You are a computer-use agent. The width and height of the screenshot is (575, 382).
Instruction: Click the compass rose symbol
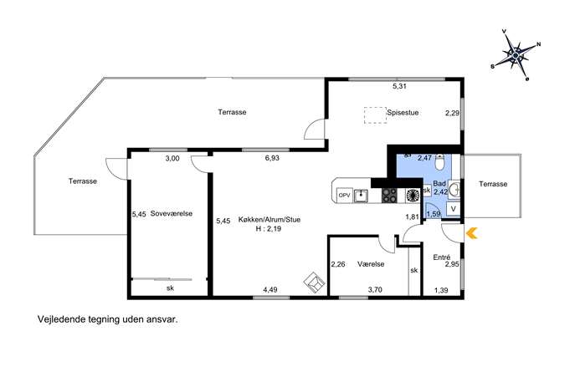[x=516, y=55]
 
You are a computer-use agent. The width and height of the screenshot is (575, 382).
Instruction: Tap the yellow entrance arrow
[x=472, y=233]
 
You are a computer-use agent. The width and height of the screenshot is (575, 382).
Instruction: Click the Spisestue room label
[x=403, y=113]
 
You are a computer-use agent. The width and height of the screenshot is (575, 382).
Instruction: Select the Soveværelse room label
[x=172, y=213]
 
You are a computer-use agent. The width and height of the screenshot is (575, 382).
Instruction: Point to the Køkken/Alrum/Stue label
[x=270, y=220]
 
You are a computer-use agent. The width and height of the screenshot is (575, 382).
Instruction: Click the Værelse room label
[x=371, y=264]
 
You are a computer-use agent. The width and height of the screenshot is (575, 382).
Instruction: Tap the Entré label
[x=442, y=257]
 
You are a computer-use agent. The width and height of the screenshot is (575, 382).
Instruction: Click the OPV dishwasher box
[x=344, y=196]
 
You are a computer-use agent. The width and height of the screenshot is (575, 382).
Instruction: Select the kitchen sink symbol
[x=362, y=196]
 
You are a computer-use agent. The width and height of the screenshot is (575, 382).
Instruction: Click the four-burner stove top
[x=389, y=196]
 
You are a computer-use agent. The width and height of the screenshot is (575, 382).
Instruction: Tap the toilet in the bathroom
[x=439, y=161]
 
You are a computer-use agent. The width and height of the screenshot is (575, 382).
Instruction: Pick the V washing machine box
[x=454, y=209]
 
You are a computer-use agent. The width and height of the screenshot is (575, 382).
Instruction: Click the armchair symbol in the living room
[x=315, y=283]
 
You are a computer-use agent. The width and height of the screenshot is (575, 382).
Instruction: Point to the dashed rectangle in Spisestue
[x=375, y=115]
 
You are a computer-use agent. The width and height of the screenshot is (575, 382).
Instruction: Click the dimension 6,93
[x=272, y=158]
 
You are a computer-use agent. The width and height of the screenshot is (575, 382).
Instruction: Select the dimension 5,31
[x=399, y=86]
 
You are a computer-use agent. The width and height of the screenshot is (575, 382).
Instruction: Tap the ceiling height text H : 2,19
[x=269, y=229]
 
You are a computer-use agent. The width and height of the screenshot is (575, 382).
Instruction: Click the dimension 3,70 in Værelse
[x=375, y=290]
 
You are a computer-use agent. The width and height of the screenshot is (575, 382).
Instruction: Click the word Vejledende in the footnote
[x=61, y=319]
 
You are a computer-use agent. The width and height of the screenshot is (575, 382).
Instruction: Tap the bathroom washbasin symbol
[x=454, y=190]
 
